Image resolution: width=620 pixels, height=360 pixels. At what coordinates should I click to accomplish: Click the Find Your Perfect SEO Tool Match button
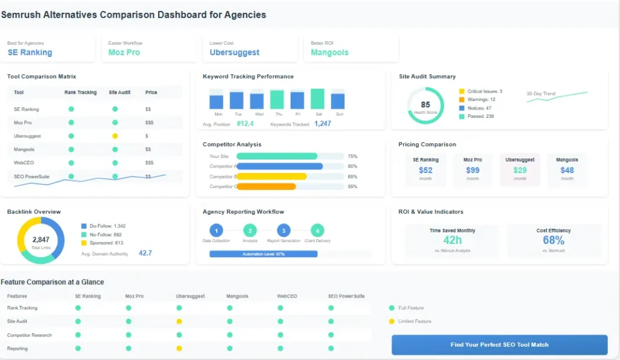click(499, 344)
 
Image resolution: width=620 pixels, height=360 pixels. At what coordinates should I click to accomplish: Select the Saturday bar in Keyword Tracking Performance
click(317, 99)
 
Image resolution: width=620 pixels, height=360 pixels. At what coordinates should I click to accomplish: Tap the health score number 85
click(426, 105)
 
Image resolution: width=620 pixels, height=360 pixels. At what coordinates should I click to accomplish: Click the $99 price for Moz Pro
click(472, 170)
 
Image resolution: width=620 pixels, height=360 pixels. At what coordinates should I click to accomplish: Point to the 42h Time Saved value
click(452, 240)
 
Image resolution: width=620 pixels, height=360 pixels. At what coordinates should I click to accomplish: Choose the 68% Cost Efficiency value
click(553, 240)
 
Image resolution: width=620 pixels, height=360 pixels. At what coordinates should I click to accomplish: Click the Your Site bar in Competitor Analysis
click(277, 156)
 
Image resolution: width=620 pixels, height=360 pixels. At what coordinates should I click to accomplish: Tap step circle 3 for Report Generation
click(283, 230)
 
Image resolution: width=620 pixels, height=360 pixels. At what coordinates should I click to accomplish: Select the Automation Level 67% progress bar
click(263, 254)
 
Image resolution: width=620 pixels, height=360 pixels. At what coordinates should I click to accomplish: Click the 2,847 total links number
click(41, 240)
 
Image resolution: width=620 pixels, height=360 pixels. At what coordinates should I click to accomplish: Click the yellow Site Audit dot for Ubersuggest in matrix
click(115, 136)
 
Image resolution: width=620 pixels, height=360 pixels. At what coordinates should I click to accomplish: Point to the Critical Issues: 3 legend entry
click(484, 91)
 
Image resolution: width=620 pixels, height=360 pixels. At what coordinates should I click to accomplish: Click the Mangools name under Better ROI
click(329, 53)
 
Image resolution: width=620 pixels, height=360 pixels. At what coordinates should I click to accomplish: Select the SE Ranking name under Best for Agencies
click(30, 53)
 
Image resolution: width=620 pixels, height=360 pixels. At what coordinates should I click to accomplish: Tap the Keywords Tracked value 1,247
click(322, 123)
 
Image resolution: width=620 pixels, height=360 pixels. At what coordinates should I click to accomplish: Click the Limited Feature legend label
click(415, 321)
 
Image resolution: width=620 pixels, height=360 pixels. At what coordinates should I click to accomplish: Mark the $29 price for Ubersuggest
click(519, 170)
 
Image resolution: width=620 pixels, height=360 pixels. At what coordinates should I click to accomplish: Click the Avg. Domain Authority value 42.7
click(145, 253)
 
